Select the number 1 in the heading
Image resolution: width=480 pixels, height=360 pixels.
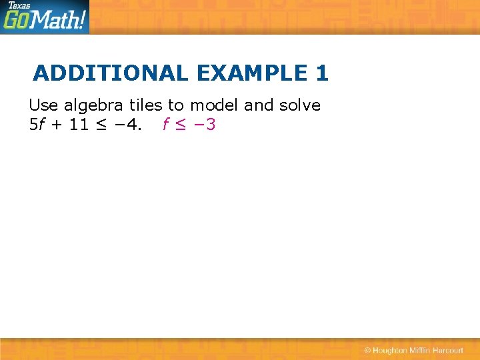click(322, 73)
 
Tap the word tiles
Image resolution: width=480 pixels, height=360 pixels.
click(146, 105)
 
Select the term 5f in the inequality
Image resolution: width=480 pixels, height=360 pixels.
click(37, 125)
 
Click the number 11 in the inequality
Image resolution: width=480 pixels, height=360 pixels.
click(79, 125)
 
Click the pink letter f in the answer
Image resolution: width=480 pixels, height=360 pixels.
click(165, 125)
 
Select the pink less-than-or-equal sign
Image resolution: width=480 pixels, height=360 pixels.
click(180, 125)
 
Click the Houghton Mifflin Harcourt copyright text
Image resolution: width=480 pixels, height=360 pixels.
click(414, 351)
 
